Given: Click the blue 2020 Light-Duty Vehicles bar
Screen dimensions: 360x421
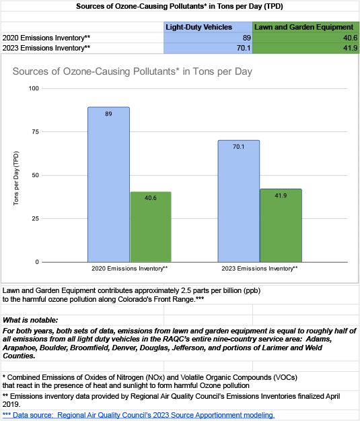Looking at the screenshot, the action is coord(108,185).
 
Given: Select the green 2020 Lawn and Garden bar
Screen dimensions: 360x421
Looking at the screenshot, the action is coord(151,227).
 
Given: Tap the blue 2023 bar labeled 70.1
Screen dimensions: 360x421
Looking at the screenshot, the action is coord(239,201).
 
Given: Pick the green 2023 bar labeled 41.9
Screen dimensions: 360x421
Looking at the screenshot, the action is coord(281,226).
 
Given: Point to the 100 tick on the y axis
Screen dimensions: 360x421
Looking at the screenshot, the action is coord(34,88).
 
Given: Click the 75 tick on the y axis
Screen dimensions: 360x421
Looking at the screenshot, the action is coord(36,132).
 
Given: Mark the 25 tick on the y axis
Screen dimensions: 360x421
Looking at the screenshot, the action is coord(36,218).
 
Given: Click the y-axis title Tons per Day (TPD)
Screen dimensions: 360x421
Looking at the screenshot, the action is coord(16,179).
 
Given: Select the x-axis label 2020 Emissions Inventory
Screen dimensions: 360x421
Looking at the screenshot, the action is coord(130,269).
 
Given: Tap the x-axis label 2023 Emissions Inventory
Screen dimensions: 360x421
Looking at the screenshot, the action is coord(260,269).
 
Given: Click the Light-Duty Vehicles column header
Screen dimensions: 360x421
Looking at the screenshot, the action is coord(199,27).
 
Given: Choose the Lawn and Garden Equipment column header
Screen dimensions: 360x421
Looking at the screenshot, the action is coord(304,27).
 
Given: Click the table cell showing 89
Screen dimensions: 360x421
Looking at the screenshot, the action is coord(208,38).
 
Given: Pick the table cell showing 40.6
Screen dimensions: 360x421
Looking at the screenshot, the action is coord(305,38).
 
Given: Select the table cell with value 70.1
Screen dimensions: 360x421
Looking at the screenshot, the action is coord(208,48).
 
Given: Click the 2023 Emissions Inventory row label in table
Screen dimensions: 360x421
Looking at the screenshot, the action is coord(46,48).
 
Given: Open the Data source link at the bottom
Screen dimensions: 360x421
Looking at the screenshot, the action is coord(139,415).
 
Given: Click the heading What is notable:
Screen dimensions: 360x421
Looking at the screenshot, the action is coord(30,320).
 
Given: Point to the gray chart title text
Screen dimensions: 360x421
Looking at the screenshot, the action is coord(133,71).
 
